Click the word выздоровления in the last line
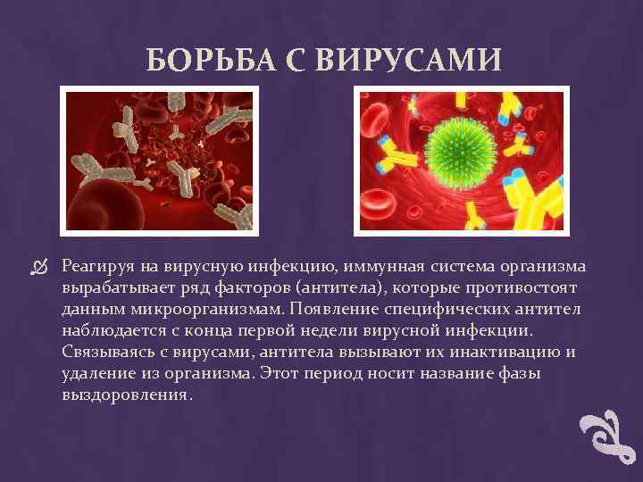[x=126, y=395]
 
